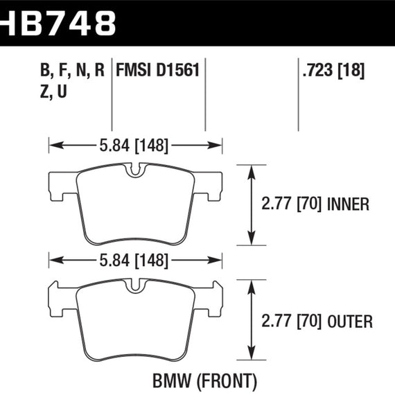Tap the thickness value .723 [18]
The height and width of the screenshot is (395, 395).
[x=333, y=70]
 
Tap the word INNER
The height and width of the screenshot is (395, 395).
[x=346, y=204]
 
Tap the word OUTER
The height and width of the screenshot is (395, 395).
[x=349, y=321]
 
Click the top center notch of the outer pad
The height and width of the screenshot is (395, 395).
[x=136, y=285]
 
